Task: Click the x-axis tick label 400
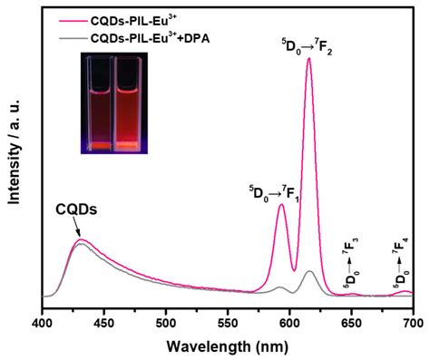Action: tap(43, 322)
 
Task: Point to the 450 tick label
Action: tap(104, 322)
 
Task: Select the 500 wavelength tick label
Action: tap(166, 322)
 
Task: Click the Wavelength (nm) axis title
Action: tap(228, 345)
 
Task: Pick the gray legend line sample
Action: tap(71, 38)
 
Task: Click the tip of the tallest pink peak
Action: tap(309, 58)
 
